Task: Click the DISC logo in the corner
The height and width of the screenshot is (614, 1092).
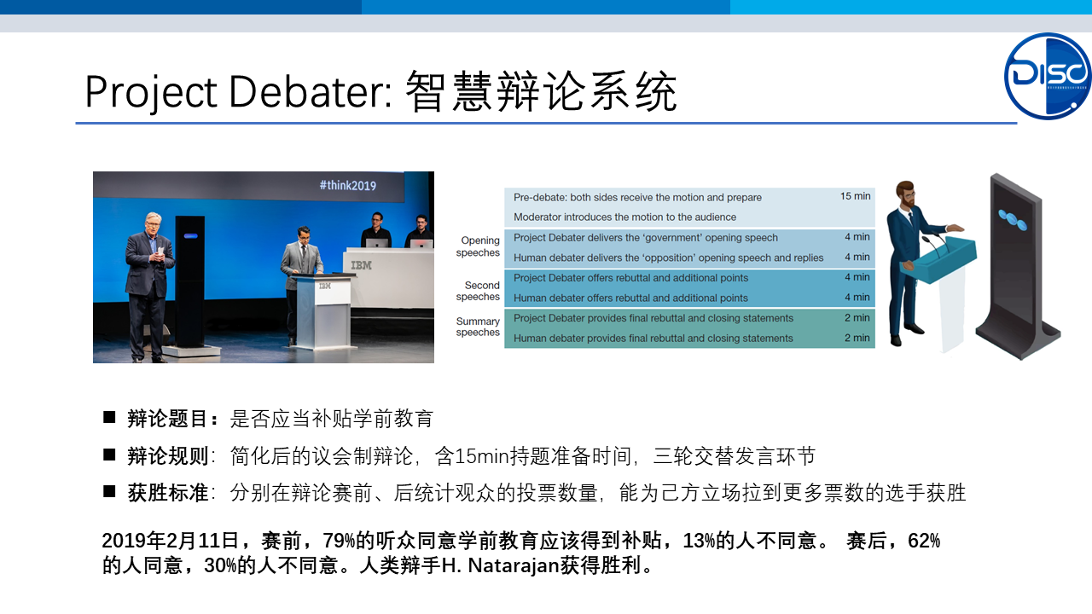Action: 1048,76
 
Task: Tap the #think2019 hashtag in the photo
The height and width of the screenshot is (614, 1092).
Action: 347,185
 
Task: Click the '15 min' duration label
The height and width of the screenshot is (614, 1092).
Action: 855,196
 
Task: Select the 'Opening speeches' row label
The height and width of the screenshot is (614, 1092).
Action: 478,246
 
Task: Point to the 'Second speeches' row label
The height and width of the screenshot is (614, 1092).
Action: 478,291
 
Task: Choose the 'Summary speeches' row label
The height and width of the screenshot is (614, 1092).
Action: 478,327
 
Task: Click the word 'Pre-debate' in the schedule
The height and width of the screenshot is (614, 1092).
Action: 540,197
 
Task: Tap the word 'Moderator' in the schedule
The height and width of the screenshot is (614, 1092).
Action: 536,217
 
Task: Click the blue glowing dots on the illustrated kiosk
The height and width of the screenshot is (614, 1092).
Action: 1012,220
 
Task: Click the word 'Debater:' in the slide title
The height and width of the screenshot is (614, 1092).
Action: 311,91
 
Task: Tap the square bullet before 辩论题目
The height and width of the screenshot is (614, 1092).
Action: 109,417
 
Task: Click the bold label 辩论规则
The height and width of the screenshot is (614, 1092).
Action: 168,456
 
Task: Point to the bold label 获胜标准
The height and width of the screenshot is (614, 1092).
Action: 168,493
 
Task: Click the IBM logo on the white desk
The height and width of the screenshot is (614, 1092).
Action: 361,265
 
